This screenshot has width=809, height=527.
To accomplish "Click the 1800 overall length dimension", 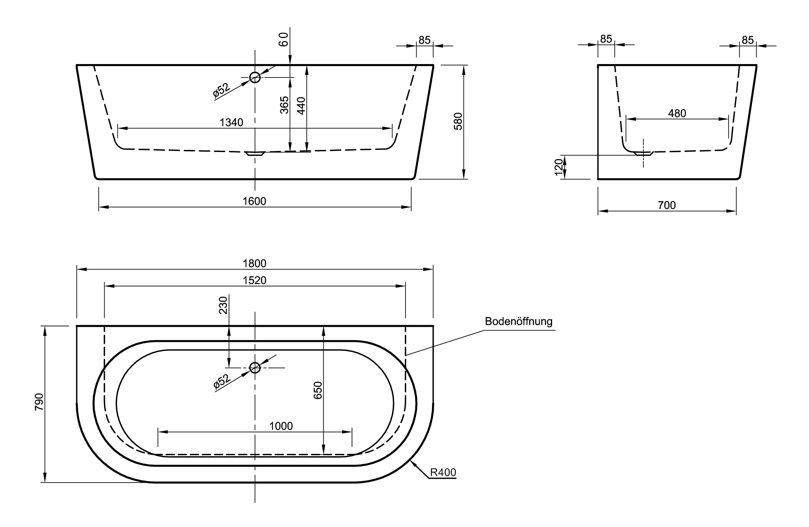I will click(x=254, y=264).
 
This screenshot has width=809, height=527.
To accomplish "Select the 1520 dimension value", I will click(x=254, y=280).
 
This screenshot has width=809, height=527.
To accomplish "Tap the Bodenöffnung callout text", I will click(x=519, y=321).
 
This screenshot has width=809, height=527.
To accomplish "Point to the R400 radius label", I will click(x=443, y=472).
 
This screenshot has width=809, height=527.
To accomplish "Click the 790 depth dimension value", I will click(x=40, y=402).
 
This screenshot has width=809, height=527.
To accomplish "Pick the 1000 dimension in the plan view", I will click(x=281, y=426).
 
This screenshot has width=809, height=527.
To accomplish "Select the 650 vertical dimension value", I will click(x=318, y=390).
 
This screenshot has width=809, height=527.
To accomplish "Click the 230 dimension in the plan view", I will click(x=223, y=305).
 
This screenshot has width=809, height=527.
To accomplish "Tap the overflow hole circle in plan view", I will click(x=255, y=368).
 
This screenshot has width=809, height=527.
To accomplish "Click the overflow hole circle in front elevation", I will click(x=255, y=77).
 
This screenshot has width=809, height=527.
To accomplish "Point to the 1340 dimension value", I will click(x=231, y=122).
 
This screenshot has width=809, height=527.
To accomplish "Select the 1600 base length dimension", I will click(x=254, y=201).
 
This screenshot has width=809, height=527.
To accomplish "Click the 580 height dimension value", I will click(x=458, y=121).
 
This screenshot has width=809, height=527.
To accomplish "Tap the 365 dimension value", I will click(x=284, y=105).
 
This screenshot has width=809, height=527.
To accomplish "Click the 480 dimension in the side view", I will click(x=677, y=113).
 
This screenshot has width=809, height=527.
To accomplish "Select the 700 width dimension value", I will click(x=666, y=205).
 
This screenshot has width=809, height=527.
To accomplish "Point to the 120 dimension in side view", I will click(x=558, y=167).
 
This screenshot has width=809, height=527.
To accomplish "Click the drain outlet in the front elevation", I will click(x=255, y=154).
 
